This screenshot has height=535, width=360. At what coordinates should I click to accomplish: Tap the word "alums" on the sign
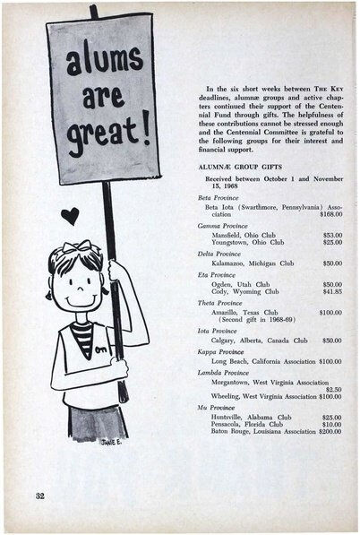coord(102,61)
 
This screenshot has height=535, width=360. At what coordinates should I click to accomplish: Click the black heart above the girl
coord(70,214)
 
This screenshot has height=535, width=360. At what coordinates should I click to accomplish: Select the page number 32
coord(40,495)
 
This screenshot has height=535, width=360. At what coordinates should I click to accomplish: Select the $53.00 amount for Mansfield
coord(332,234)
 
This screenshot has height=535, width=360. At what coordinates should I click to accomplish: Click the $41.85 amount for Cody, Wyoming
coord(331,291)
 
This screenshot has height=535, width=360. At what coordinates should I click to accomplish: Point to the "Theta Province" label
coord(220,302)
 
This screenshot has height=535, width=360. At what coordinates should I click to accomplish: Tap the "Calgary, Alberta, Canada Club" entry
coord(259,341)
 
